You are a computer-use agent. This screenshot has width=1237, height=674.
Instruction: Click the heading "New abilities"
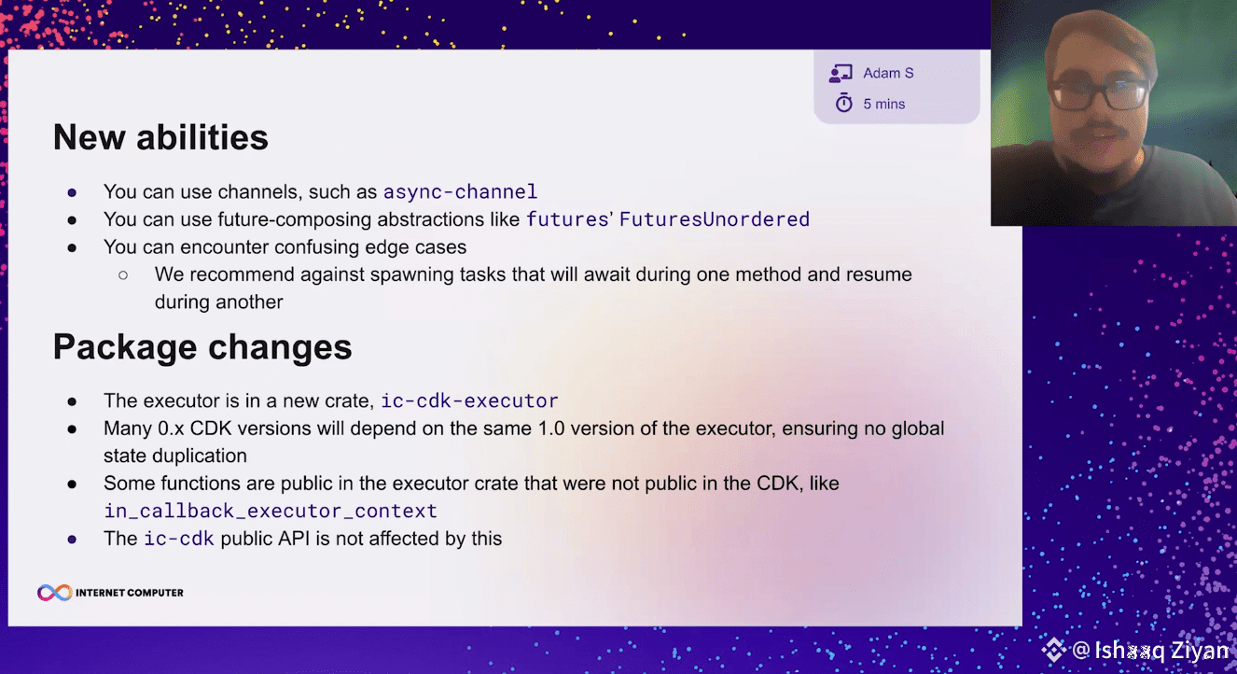tap(160, 137)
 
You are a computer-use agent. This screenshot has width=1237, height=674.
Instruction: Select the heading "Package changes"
tap(202, 347)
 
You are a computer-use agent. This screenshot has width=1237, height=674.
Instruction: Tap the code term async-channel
tap(460, 191)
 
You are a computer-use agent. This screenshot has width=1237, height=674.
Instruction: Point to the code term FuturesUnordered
tap(714, 219)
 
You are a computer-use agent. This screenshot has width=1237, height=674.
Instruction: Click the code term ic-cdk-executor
tap(469, 400)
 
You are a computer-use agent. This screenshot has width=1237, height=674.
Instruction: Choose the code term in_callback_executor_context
tap(271, 511)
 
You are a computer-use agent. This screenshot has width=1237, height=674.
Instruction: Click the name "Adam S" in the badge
tap(888, 73)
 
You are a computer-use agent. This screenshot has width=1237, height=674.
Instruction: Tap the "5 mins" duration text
tap(883, 104)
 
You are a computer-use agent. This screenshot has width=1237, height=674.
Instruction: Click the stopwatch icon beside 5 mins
tap(843, 103)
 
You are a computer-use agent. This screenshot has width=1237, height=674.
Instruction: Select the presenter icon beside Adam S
tap(841, 74)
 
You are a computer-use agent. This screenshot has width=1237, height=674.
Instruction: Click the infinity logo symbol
tap(54, 593)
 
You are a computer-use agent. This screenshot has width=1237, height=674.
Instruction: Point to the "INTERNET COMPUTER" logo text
tap(130, 593)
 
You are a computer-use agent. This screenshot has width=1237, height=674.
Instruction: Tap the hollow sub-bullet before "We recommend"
tap(123, 275)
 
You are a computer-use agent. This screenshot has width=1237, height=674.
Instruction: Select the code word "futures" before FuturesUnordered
tap(567, 219)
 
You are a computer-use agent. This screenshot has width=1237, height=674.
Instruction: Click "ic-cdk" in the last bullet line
tap(179, 539)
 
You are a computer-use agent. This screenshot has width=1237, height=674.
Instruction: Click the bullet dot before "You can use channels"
tap(72, 193)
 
